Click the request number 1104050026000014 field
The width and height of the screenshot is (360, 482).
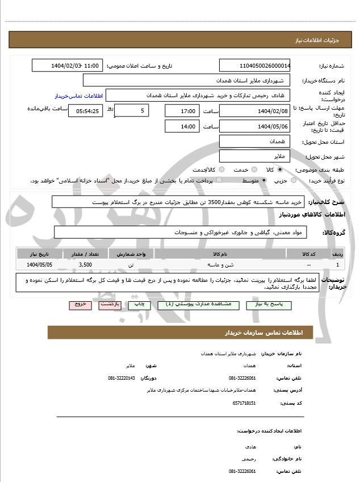(x=254, y=66)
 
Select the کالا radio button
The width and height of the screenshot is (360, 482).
(x=280, y=169)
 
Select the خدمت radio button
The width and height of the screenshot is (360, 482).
(x=254, y=169)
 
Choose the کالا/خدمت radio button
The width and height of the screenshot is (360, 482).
(x=221, y=169)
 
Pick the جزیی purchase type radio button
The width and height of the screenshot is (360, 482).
(x=294, y=181)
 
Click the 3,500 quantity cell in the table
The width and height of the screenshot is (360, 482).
(x=85, y=265)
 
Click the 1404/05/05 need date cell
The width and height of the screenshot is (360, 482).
(x=40, y=265)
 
